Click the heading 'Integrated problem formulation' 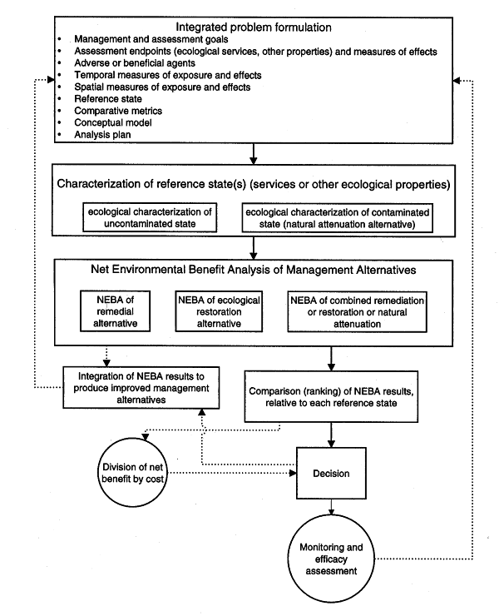(x=253, y=27)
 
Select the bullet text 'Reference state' (x=108, y=98)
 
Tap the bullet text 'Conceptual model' (x=112, y=122)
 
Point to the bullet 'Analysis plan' (x=102, y=134)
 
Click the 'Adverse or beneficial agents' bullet (x=135, y=63)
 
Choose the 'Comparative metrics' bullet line (x=118, y=111)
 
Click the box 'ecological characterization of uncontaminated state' (x=150, y=217)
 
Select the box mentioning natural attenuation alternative (x=338, y=218)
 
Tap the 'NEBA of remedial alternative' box (x=115, y=311)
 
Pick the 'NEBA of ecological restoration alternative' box (x=219, y=311)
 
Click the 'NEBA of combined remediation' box (x=357, y=312)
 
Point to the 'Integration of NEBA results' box (x=141, y=388)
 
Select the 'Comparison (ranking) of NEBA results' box (x=331, y=397)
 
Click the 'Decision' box (x=331, y=474)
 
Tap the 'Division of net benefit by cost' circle (x=132, y=473)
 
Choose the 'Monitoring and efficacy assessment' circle (x=331, y=559)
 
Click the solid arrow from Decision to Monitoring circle (x=331, y=507)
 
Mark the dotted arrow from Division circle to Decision (x=232, y=473)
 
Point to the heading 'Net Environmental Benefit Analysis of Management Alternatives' (x=253, y=270)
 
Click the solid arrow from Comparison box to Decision (x=331, y=435)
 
